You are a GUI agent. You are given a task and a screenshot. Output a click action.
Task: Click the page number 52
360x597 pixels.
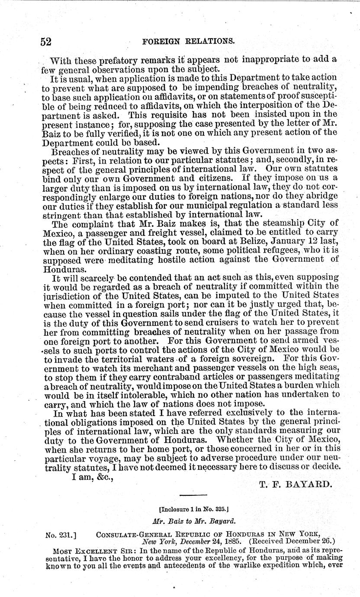[x=46, y=42]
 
